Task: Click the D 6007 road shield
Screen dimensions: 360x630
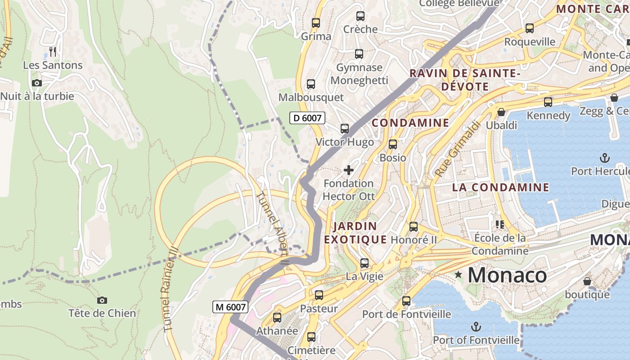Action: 307,118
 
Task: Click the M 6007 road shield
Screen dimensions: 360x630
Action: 230,307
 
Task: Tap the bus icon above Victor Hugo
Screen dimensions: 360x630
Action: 345,129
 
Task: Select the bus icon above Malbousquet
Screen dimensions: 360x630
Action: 310,84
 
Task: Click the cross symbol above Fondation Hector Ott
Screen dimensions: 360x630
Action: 348,170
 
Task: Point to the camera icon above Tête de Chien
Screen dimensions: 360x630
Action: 102,300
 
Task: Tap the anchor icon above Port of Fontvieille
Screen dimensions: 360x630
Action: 476,326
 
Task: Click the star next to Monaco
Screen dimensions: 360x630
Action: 459,274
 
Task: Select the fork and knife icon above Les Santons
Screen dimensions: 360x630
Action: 53,52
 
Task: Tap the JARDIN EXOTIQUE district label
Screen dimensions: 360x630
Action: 355,233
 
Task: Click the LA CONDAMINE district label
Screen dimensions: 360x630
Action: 500,187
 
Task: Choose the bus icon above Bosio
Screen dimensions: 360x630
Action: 393,144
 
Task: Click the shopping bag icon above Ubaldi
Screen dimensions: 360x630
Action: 501,112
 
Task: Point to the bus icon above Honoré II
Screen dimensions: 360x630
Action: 414,227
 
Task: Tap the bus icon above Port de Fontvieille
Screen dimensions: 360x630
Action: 406,301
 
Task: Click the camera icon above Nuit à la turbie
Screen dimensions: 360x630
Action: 37,83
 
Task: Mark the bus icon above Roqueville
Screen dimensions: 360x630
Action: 530,28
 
